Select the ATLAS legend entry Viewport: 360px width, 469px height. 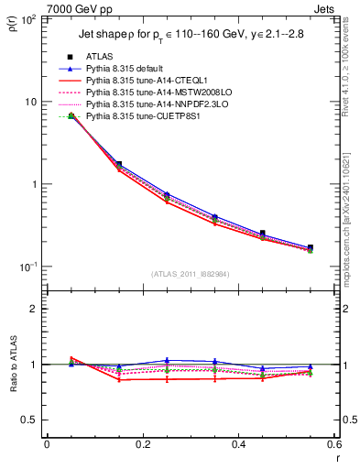tap(100, 57)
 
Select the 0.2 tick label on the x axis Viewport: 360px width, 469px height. tap(142, 443)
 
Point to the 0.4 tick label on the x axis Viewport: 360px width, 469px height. tap(238, 443)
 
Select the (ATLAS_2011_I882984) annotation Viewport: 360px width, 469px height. tap(191, 274)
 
